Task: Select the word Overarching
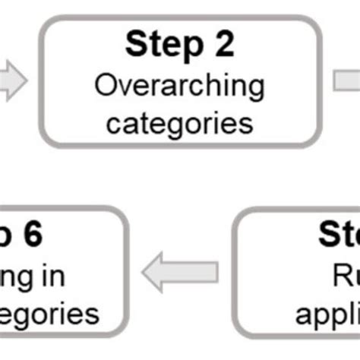pyautogui.click(x=180, y=85)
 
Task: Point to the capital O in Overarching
pyautogui.click(x=104, y=85)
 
